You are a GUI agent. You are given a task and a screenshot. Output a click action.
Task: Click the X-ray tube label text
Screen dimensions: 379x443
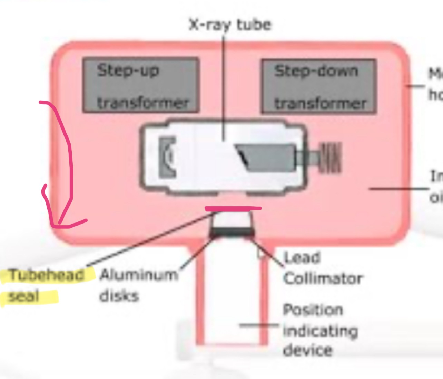(x=230, y=25)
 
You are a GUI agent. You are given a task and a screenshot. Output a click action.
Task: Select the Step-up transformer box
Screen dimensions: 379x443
(x=141, y=85)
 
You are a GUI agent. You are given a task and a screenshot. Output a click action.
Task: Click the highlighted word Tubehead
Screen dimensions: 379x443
(x=46, y=275)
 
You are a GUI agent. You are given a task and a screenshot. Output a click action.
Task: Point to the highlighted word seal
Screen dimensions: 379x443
(x=23, y=296)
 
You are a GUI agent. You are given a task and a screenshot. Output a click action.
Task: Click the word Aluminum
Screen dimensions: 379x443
(x=139, y=275)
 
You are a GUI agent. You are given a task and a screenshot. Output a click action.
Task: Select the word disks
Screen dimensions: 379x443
(x=119, y=296)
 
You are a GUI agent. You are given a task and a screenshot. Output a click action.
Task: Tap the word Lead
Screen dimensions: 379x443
(x=302, y=258)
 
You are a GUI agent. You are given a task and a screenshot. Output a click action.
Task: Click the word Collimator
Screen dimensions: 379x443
(x=323, y=278)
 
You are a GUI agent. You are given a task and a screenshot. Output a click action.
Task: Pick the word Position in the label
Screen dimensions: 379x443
(x=313, y=310)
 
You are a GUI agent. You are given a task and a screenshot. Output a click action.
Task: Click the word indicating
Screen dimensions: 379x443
(x=320, y=331)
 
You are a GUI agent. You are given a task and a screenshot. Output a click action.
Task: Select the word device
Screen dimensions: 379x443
(x=308, y=350)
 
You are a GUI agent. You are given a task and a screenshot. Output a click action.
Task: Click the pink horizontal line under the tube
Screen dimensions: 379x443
(x=233, y=208)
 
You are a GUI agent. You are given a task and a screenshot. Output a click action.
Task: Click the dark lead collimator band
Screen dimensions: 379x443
(x=232, y=232)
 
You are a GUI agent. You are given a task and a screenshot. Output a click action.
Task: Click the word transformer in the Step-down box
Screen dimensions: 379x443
(x=320, y=103)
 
